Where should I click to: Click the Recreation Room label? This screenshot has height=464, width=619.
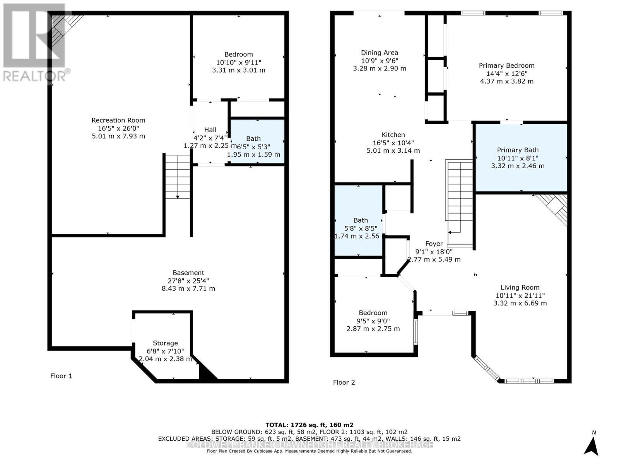pyautogui.click(x=118, y=120)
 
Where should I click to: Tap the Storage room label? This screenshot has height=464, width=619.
pyautogui.click(x=165, y=343)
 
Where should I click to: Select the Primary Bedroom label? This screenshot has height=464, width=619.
pyautogui.click(x=506, y=65)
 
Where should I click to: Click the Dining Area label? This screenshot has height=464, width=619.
pyautogui.click(x=379, y=53)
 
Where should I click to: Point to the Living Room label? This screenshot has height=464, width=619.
pyautogui.click(x=520, y=287)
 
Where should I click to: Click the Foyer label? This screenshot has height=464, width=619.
pyautogui.click(x=434, y=244)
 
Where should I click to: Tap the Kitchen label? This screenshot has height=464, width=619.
pyautogui.click(x=393, y=135)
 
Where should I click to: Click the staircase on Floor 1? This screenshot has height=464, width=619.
pyautogui.click(x=178, y=176)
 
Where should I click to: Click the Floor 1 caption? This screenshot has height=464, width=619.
pyautogui.click(x=61, y=376)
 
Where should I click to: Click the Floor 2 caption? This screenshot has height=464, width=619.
pyautogui.click(x=344, y=382)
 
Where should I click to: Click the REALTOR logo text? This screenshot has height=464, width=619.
pyautogui.click(x=37, y=75)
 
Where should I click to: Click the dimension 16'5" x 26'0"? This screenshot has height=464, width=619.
pyautogui.click(x=118, y=128)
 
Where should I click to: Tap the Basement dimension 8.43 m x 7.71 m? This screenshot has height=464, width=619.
pyautogui.click(x=188, y=288)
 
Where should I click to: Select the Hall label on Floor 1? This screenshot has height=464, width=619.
pyautogui.click(x=210, y=130)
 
